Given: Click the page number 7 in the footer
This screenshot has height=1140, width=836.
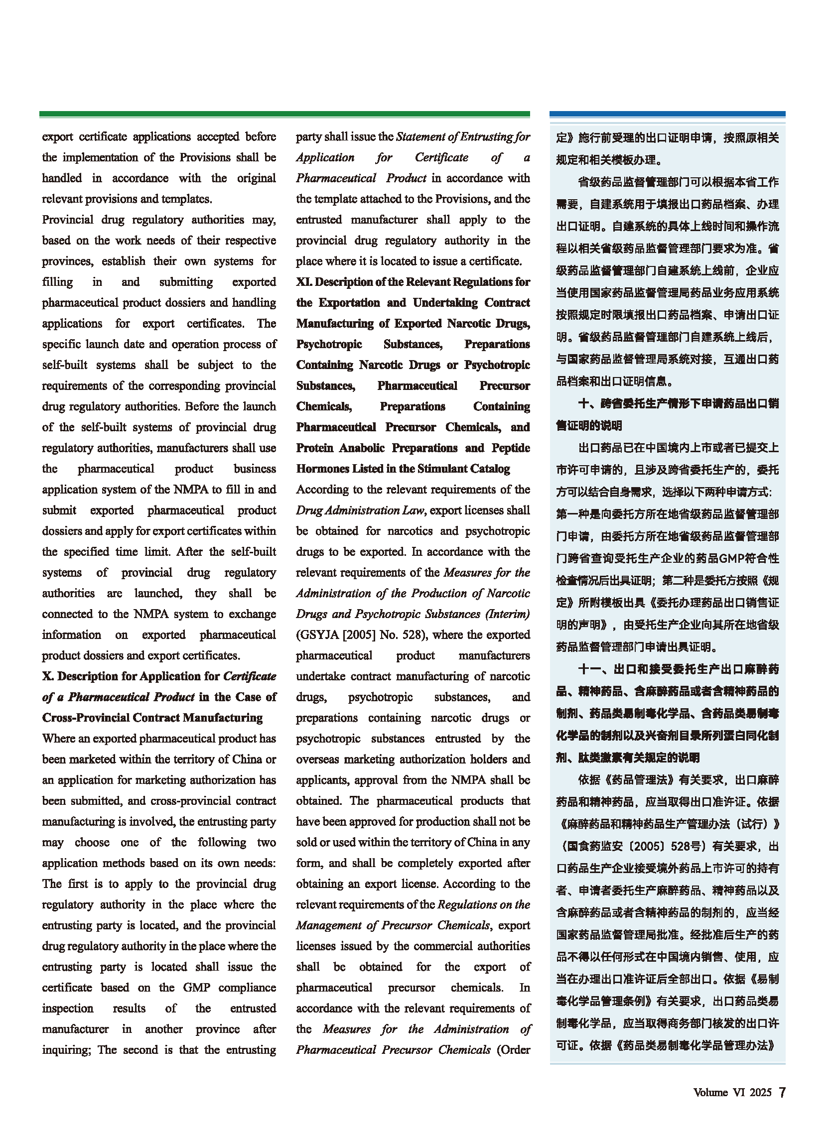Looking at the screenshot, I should [x=782, y=1093].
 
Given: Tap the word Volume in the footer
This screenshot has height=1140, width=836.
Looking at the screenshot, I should [x=710, y=1093].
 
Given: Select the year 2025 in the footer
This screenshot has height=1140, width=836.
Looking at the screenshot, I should [x=760, y=1093].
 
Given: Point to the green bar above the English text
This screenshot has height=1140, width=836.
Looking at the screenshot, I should [x=284, y=115].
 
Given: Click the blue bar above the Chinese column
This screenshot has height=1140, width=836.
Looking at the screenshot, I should [x=667, y=115].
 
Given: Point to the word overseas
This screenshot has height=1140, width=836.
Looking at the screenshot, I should [x=318, y=759].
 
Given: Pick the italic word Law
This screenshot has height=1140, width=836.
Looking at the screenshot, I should [x=413, y=510].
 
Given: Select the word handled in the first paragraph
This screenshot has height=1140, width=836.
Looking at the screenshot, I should [x=62, y=178].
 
